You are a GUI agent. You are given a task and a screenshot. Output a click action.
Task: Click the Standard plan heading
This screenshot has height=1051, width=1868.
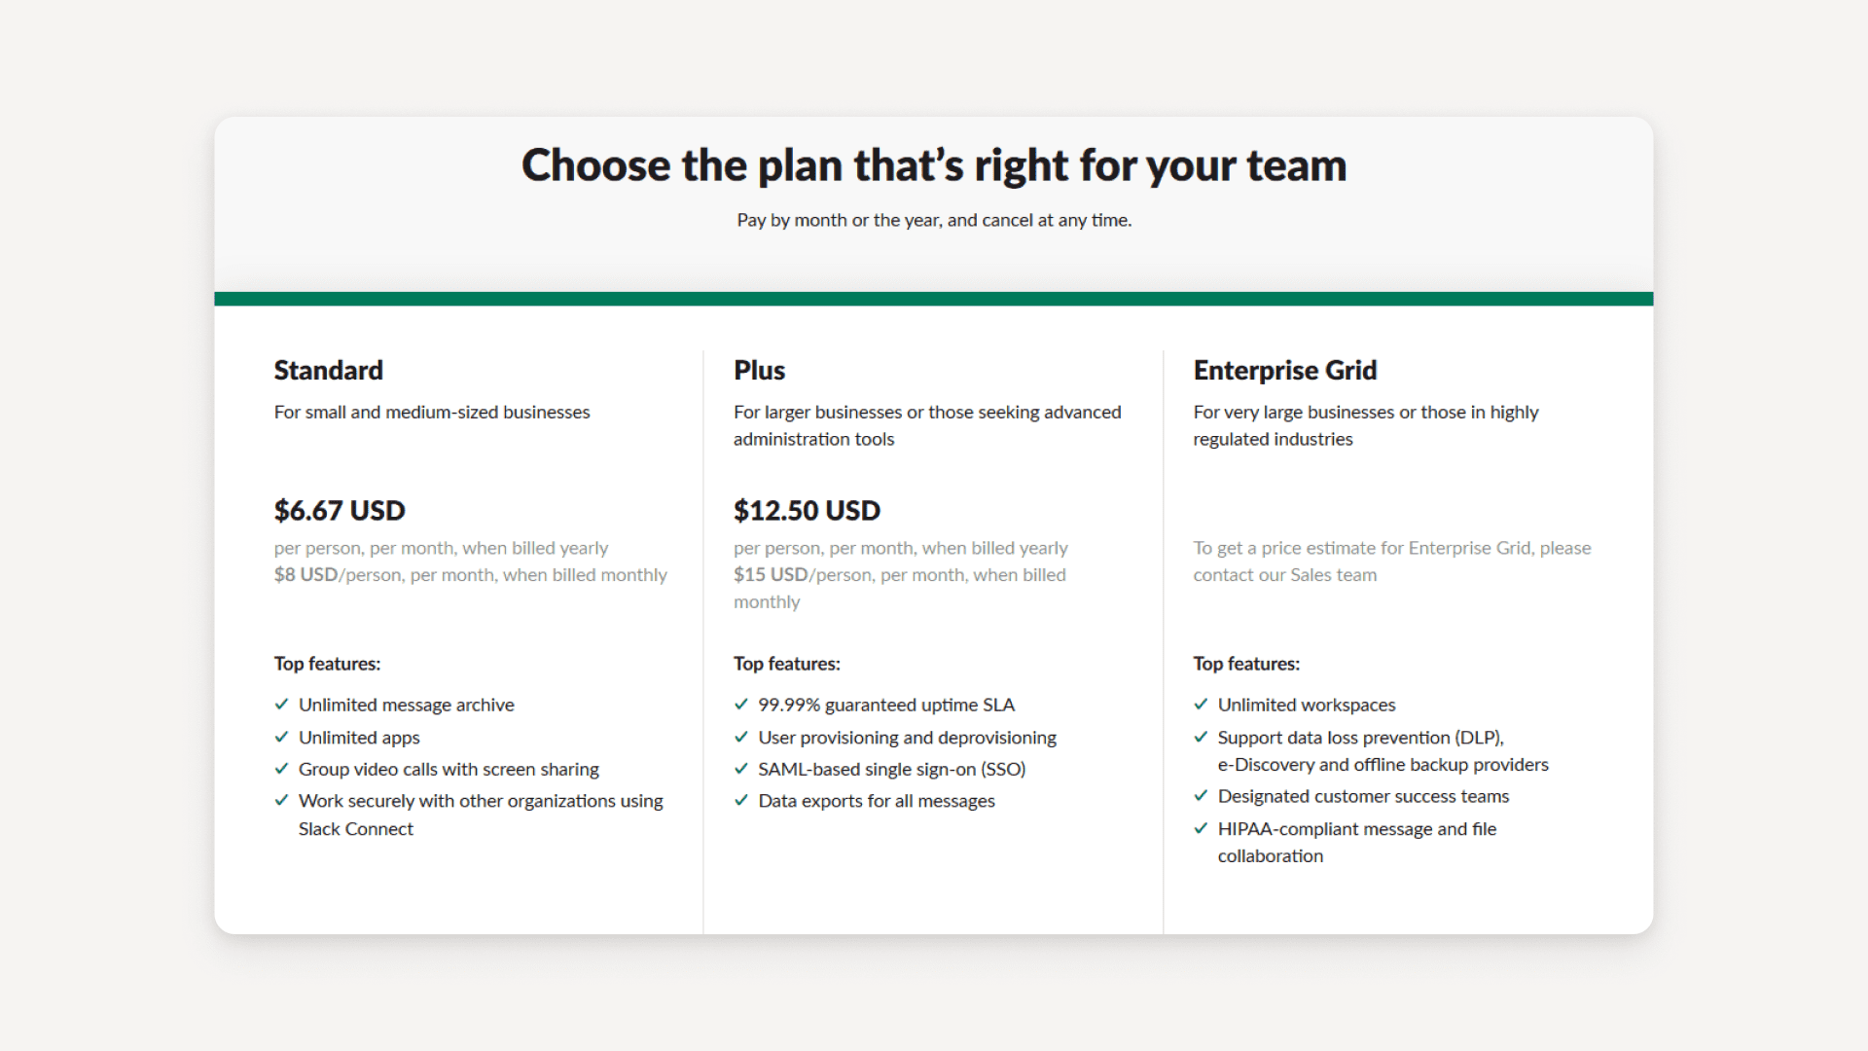(x=328, y=371)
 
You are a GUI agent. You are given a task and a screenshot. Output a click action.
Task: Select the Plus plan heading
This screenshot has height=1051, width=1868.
(x=759, y=371)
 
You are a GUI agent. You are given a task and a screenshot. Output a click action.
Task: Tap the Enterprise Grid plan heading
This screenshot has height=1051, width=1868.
(x=1284, y=371)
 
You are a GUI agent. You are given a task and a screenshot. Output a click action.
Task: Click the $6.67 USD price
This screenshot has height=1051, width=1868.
(x=340, y=511)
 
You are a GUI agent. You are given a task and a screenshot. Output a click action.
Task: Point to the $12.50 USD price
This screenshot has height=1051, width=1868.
(x=807, y=511)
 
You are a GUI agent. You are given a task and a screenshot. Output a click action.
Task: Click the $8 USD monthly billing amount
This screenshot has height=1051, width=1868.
(x=305, y=575)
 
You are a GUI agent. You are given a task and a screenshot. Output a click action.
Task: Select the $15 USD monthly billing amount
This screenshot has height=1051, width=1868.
(x=771, y=575)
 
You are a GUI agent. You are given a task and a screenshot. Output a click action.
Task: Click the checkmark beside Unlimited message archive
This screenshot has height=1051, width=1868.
(x=282, y=705)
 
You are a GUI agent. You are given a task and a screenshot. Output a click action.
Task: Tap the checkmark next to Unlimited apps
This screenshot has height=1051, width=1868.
(x=282, y=738)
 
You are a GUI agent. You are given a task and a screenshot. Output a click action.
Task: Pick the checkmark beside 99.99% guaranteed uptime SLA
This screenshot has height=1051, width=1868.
(x=741, y=705)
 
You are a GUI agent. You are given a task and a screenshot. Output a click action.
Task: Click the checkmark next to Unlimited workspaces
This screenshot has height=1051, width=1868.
(x=1201, y=705)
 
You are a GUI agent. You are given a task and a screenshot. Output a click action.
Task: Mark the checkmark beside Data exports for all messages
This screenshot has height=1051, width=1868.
(x=741, y=801)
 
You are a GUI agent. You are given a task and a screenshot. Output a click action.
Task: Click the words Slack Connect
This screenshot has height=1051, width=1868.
(x=356, y=829)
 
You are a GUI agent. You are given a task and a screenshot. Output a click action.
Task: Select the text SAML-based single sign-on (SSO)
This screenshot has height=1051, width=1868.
(x=891, y=770)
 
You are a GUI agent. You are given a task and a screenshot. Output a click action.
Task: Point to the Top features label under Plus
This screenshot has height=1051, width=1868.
(x=786, y=664)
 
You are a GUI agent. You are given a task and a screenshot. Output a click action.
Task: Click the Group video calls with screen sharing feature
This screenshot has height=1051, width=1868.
(x=449, y=770)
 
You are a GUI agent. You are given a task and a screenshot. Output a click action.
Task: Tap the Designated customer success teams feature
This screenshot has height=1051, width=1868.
(x=1363, y=797)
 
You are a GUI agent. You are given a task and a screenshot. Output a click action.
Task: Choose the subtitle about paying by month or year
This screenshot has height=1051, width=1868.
(x=934, y=221)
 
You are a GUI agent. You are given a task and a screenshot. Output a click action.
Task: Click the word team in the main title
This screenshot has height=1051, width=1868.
(x=1296, y=165)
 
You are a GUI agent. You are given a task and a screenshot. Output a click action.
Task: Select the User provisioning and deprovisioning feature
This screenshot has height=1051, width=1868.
(x=907, y=738)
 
